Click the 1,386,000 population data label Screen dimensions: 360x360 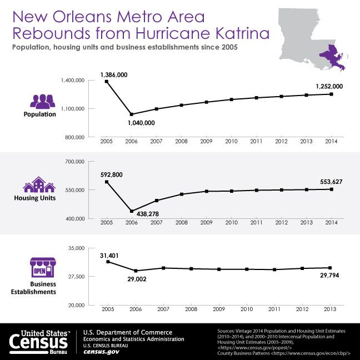pyautogui.click(x=113, y=74)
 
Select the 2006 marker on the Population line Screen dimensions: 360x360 pyautogui.click(x=131, y=114)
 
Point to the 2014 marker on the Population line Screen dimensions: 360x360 pyautogui.click(x=331, y=94)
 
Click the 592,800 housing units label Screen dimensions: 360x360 pyautogui.click(x=111, y=175)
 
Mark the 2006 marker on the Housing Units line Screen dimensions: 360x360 pyautogui.click(x=131, y=211)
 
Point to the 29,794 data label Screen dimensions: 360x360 pyautogui.click(x=326, y=276)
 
